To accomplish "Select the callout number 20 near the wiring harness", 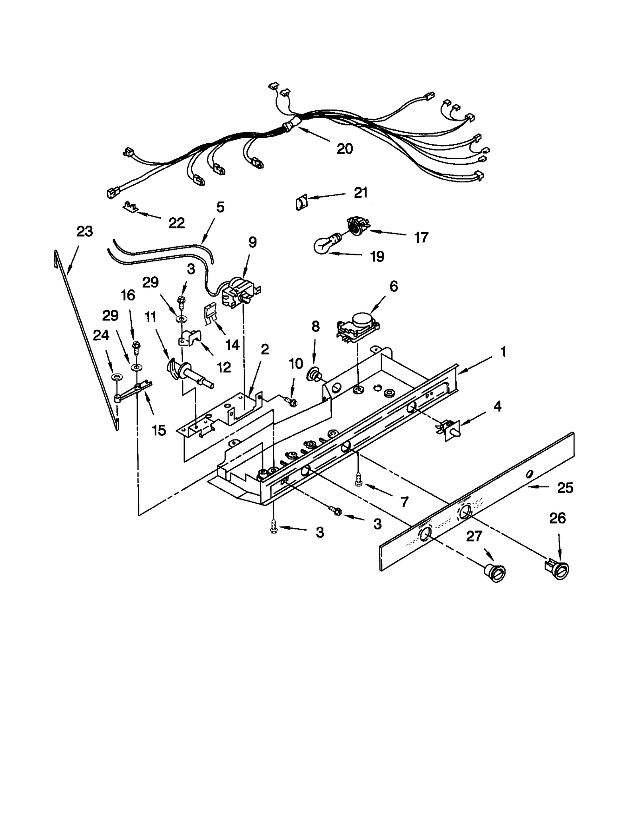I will (x=344, y=149).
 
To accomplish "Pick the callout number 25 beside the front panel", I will (x=565, y=488).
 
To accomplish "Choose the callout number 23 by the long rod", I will (x=84, y=231).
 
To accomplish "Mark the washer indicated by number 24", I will (x=117, y=376).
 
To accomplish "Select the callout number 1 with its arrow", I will (x=503, y=352).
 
